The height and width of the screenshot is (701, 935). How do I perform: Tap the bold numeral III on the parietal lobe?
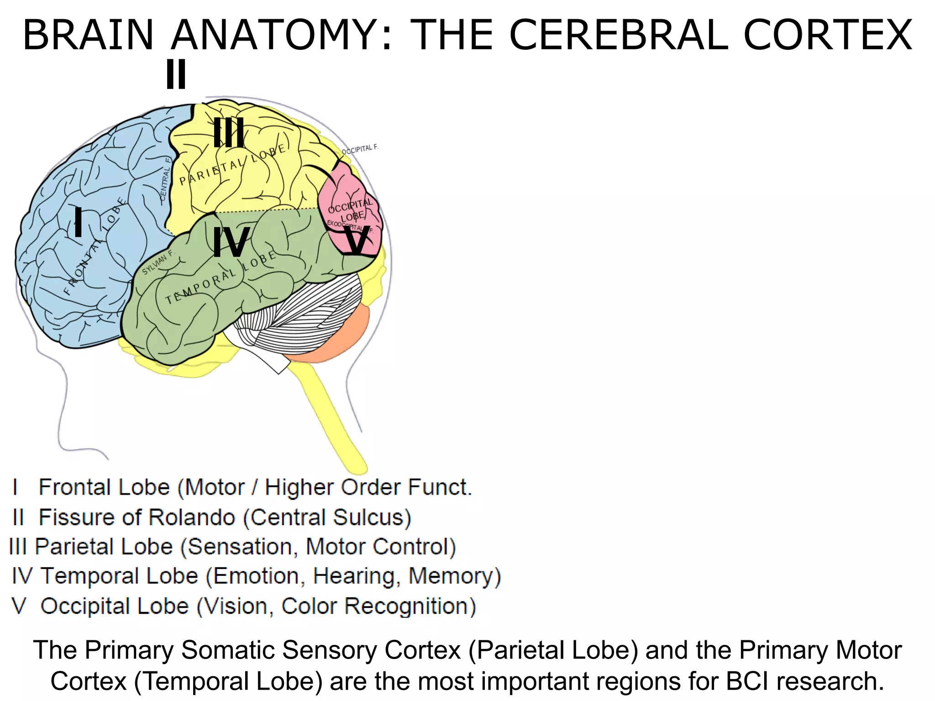tap(229, 132)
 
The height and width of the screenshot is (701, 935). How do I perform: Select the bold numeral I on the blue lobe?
tap(79, 222)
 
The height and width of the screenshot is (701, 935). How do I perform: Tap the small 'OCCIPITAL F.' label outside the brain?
tap(360, 149)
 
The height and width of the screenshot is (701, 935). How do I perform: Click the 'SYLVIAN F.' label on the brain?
tap(158, 262)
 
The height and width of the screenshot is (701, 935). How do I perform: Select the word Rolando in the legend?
tap(192, 518)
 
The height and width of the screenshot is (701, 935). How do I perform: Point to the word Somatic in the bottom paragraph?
tap(228, 650)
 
